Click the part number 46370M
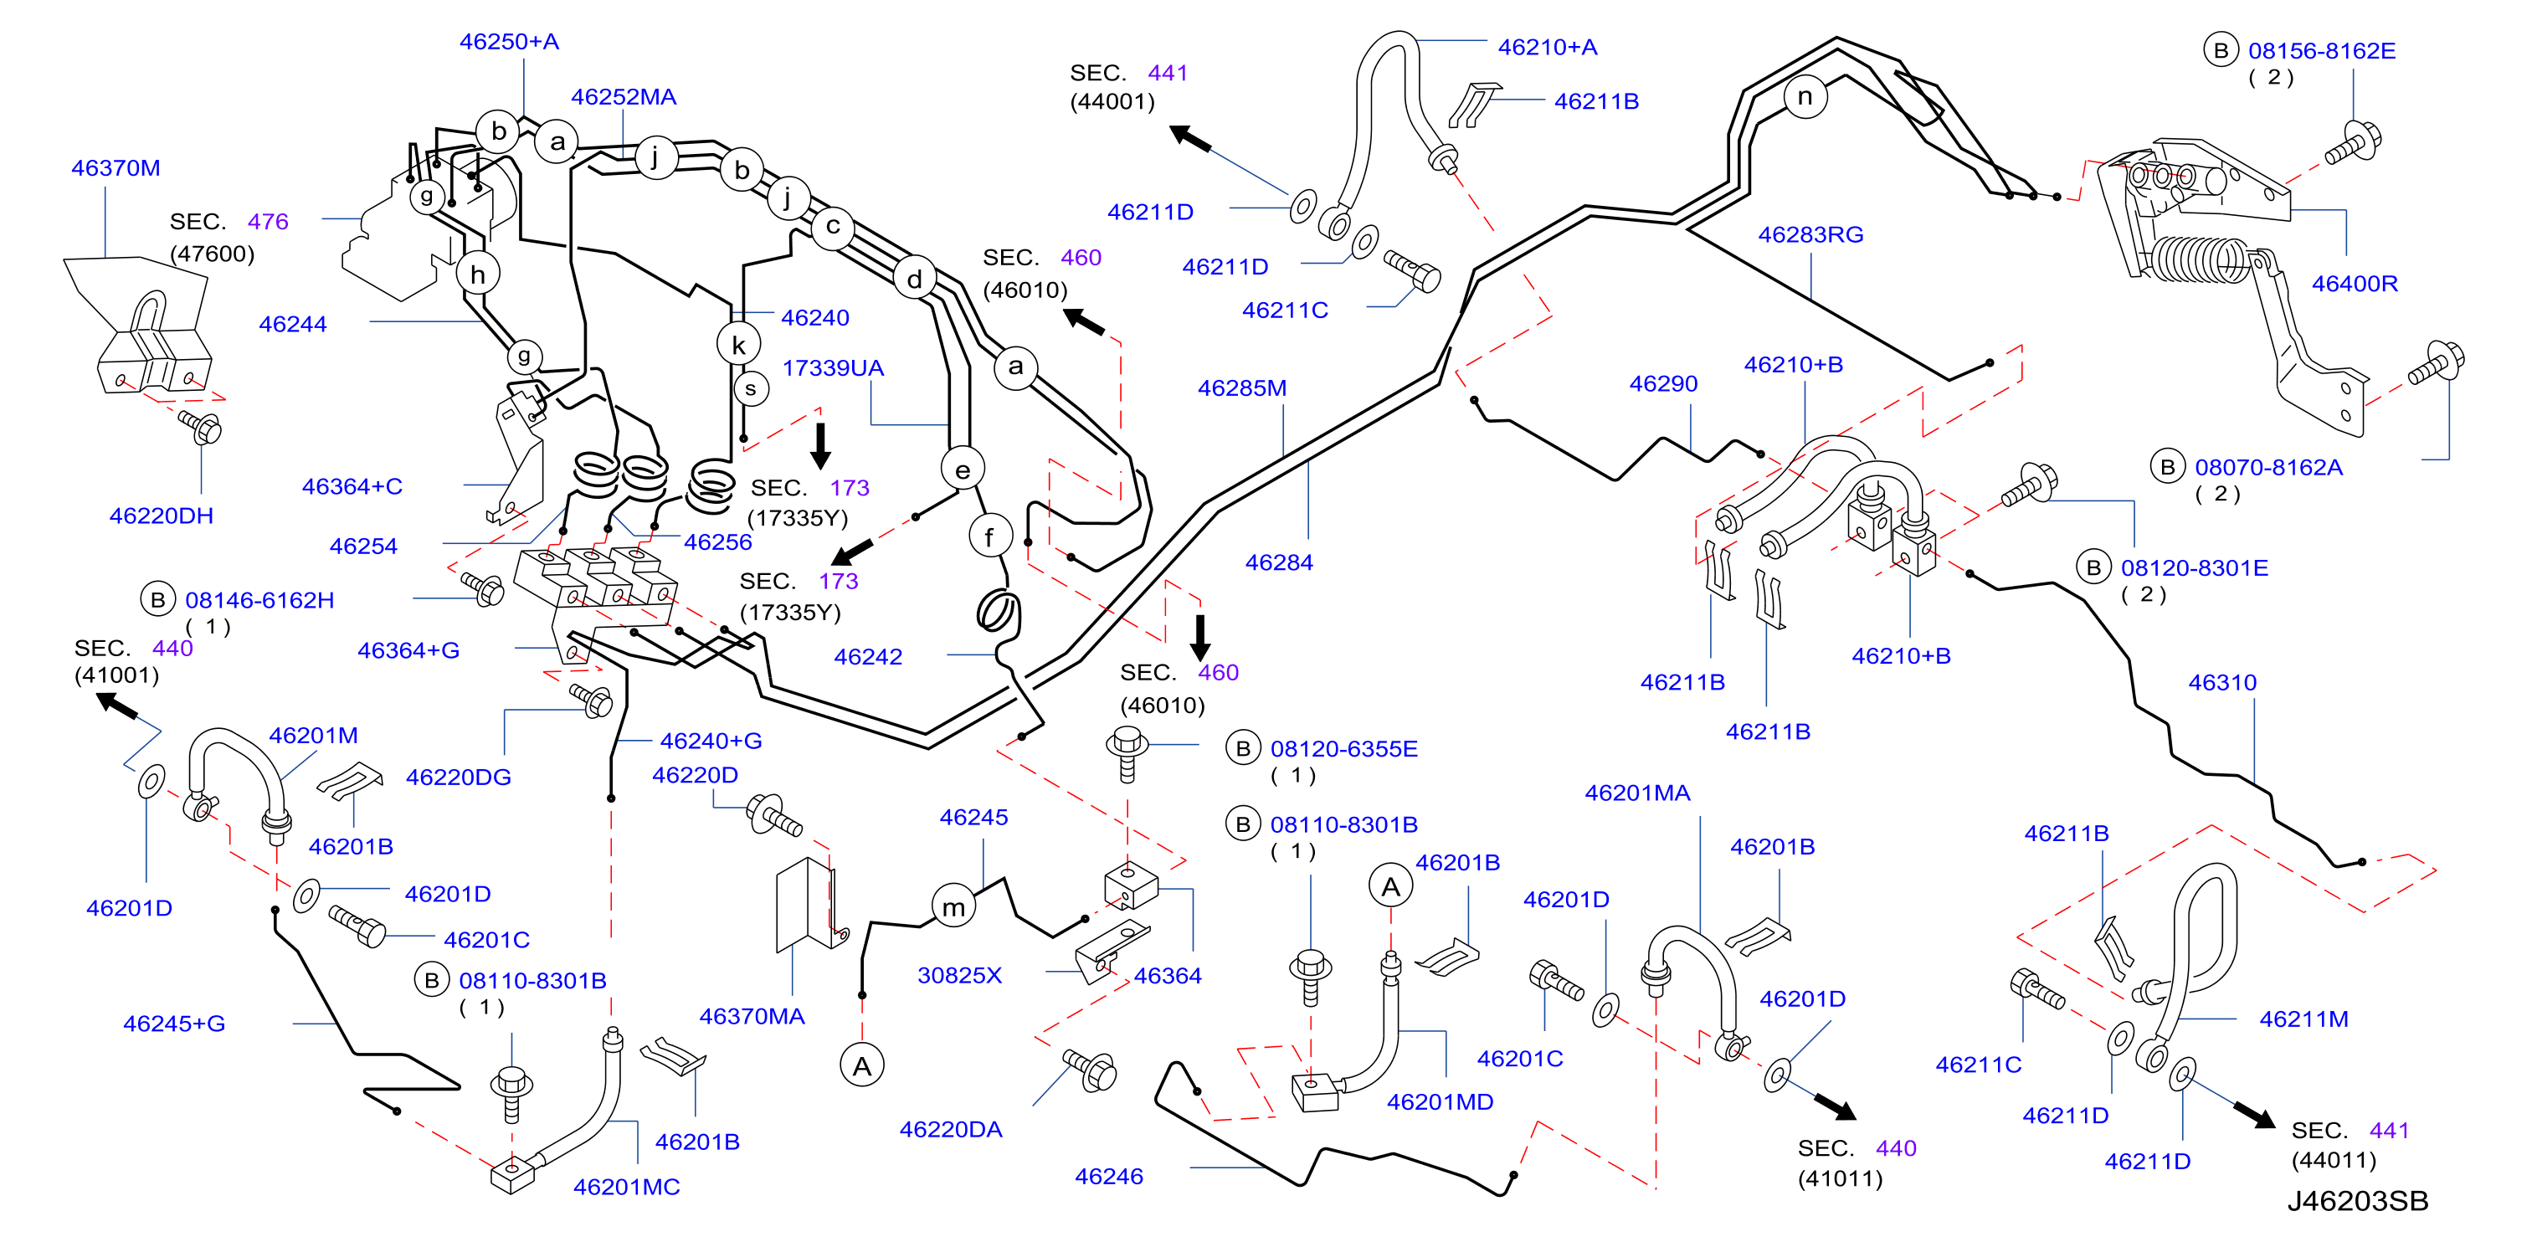(116, 168)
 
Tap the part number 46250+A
(509, 41)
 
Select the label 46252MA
(624, 96)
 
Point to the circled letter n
(1805, 96)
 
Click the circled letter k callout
(738, 345)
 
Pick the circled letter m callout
(953, 907)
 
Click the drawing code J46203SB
(2357, 1201)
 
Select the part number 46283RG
(1810, 234)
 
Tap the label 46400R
(2354, 284)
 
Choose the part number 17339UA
(832, 368)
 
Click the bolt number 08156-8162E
(2321, 50)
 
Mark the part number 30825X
(959, 975)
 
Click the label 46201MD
(1440, 1102)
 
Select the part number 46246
(1109, 1176)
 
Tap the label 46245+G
(174, 1024)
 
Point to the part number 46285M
(1242, 388)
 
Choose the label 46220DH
(162, 516)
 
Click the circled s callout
(751, 388)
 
